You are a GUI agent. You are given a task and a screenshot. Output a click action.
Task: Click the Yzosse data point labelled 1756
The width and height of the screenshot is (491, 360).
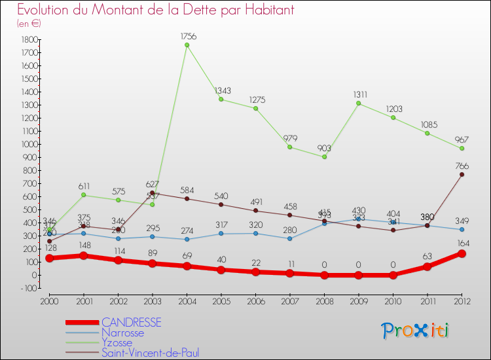187,45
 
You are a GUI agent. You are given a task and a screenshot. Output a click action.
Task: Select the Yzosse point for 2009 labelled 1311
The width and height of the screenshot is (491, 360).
359,103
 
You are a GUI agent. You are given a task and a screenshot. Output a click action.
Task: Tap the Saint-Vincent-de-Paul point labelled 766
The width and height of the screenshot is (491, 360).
462,175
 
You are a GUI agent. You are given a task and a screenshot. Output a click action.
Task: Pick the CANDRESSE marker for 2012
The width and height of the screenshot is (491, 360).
462,253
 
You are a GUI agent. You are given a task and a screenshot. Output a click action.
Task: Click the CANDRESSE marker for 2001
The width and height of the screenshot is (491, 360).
83,255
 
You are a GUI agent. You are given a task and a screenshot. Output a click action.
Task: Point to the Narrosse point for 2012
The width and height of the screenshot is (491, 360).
462,229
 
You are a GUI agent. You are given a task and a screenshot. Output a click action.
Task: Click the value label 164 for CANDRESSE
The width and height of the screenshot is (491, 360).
462,243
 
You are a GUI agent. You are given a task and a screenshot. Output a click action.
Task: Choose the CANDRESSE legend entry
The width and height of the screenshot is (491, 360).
131,323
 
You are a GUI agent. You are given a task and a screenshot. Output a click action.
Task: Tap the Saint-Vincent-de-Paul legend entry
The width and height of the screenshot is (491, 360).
150,353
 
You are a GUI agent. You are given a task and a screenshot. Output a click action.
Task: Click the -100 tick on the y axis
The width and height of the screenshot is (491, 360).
27,288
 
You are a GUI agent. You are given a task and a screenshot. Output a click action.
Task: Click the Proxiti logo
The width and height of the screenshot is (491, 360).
416,331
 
